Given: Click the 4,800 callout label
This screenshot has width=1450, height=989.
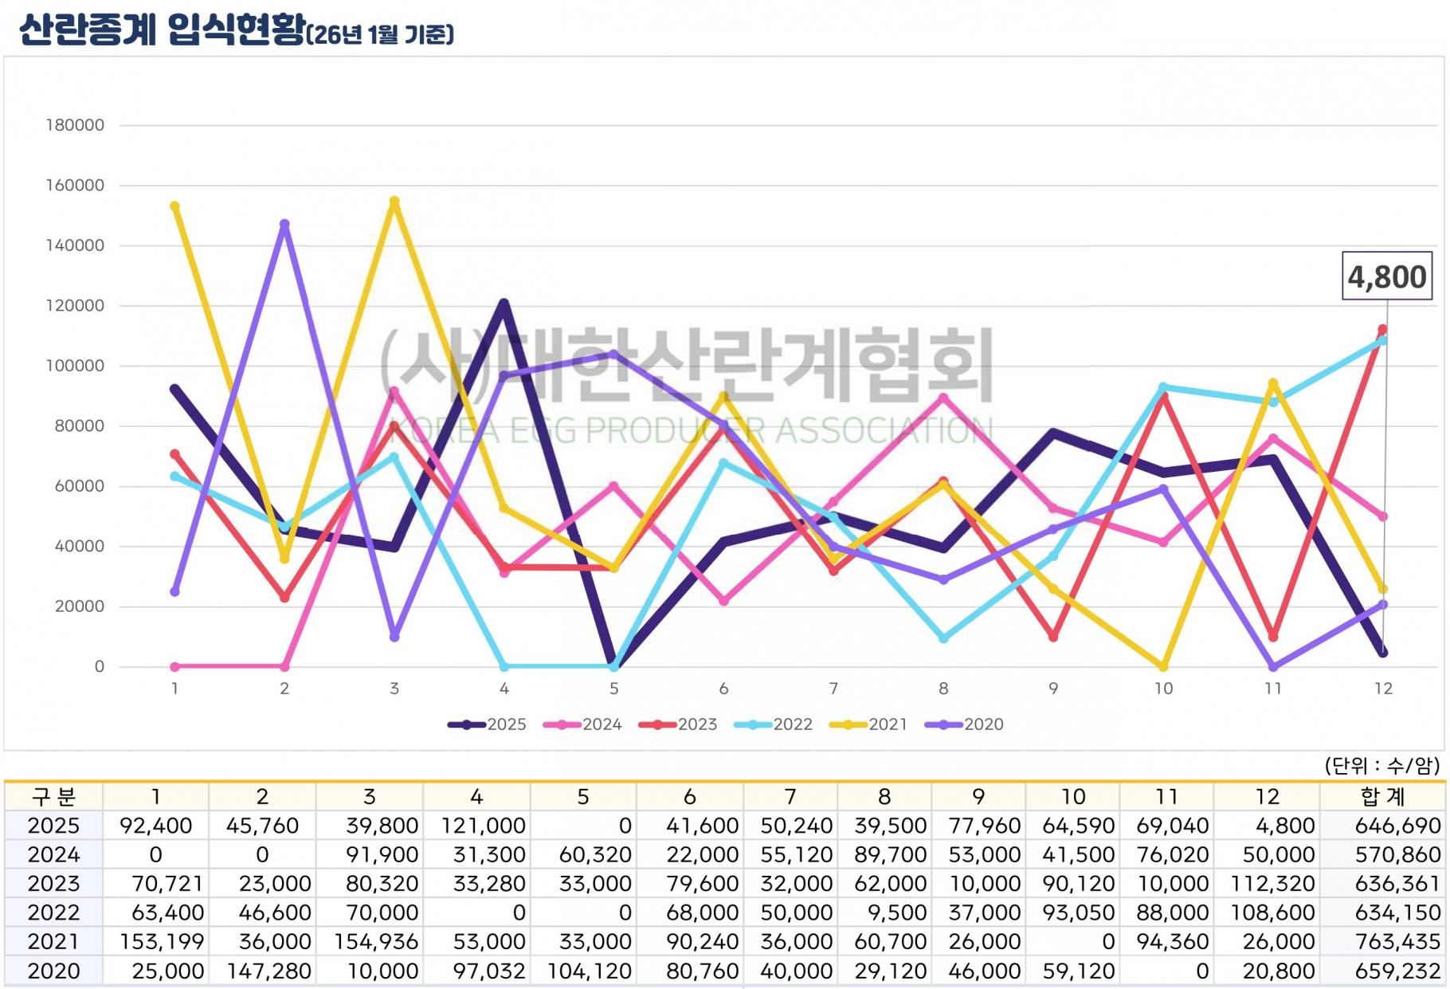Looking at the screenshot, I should click(x=1386, y=277).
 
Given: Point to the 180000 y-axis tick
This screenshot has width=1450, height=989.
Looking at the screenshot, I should click(x=75, y=125).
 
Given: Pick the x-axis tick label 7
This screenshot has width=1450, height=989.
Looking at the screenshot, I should click(x=833, y=689).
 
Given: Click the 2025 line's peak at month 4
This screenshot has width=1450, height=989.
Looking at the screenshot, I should click(x=504, y=304).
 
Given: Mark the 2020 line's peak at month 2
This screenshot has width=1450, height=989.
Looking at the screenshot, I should click(x=284, y=225).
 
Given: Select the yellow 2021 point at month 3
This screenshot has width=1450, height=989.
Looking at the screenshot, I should click(x=394, y=202).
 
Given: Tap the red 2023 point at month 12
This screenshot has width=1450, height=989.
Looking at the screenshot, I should click(x=1382, y=329).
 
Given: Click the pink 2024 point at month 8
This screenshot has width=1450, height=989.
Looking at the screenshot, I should click(x=943, y=398).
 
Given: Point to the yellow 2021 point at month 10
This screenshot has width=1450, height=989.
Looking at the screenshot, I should click(x=1163, y=666).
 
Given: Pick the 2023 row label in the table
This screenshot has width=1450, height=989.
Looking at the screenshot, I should click(x=53, y=884).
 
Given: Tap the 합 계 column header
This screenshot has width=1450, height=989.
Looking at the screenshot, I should click(x=1383, y=796).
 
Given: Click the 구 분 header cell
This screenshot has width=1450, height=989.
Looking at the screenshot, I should click(x=53, y=796).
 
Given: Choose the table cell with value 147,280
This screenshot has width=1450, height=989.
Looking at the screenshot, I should click(x=262, y=971).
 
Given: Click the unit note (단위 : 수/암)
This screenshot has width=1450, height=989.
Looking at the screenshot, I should click(x=1381, y=766).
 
